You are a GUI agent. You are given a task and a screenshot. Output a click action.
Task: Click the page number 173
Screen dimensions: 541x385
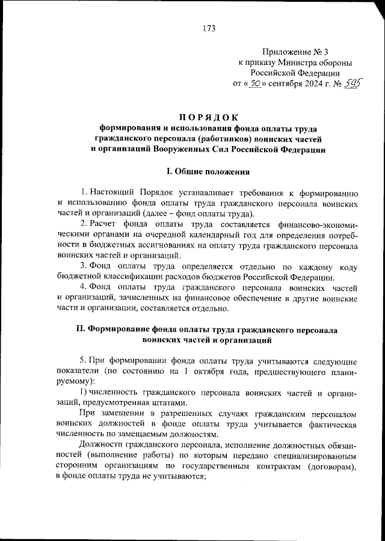[209, 28]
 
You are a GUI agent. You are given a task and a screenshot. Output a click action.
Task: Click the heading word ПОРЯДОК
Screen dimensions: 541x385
[209, 117]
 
